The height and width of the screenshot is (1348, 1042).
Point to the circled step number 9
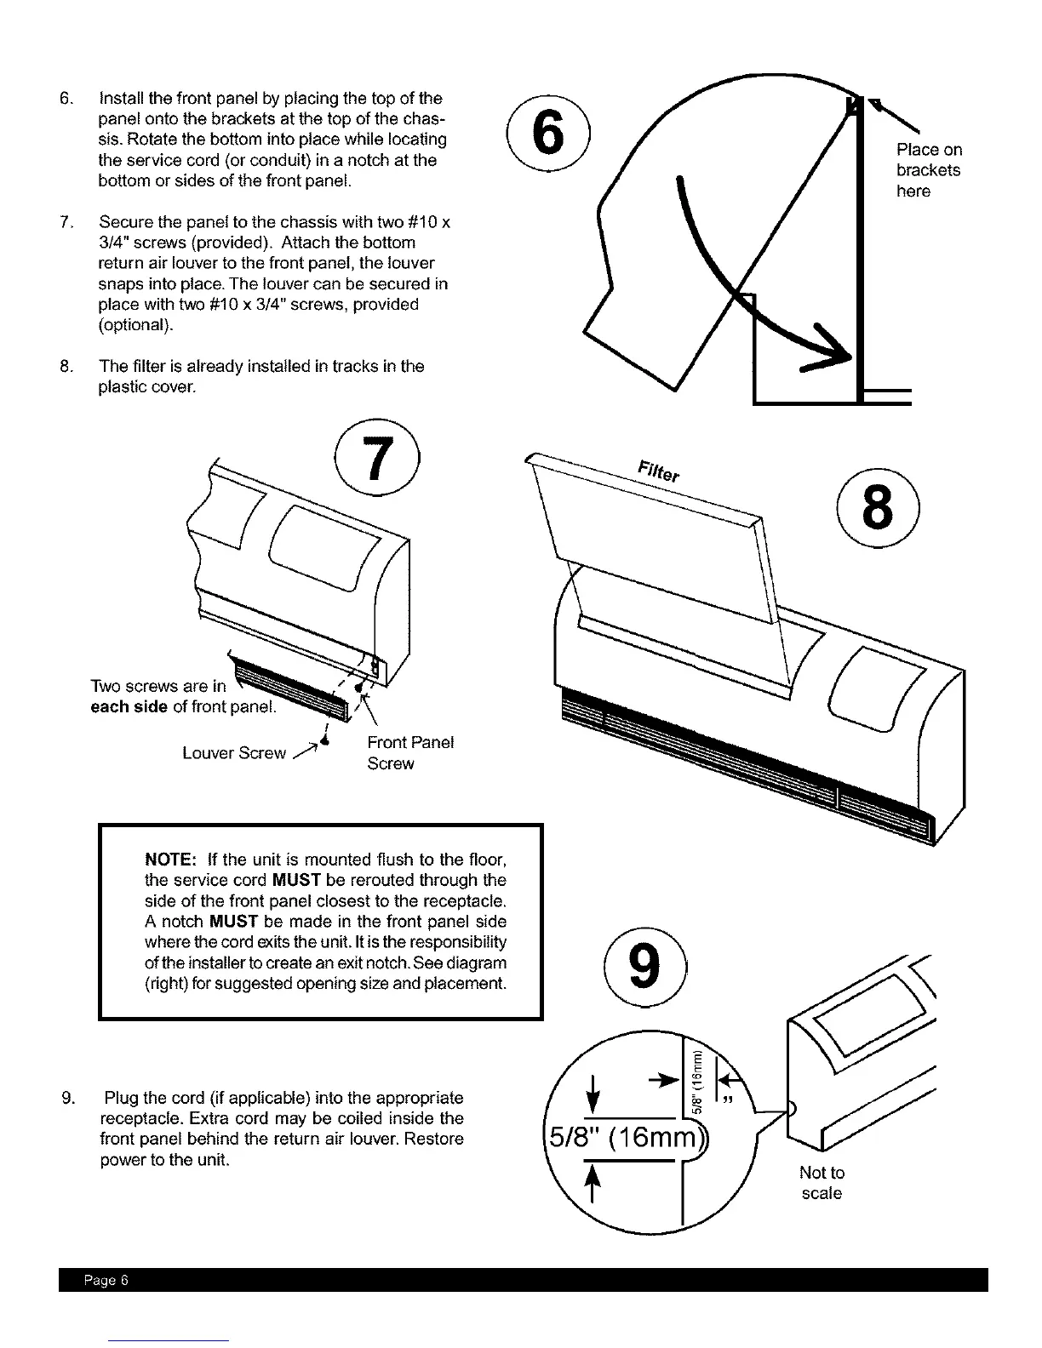644,971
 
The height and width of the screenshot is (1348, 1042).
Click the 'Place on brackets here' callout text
928,170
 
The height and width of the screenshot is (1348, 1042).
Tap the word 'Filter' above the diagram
658,469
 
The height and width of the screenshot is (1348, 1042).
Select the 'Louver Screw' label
234,753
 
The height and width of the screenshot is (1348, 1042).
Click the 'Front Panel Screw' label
409,752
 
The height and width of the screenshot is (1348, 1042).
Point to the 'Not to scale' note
822,1183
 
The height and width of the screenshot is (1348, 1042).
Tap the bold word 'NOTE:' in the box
172,860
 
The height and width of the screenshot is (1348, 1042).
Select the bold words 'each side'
129,707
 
